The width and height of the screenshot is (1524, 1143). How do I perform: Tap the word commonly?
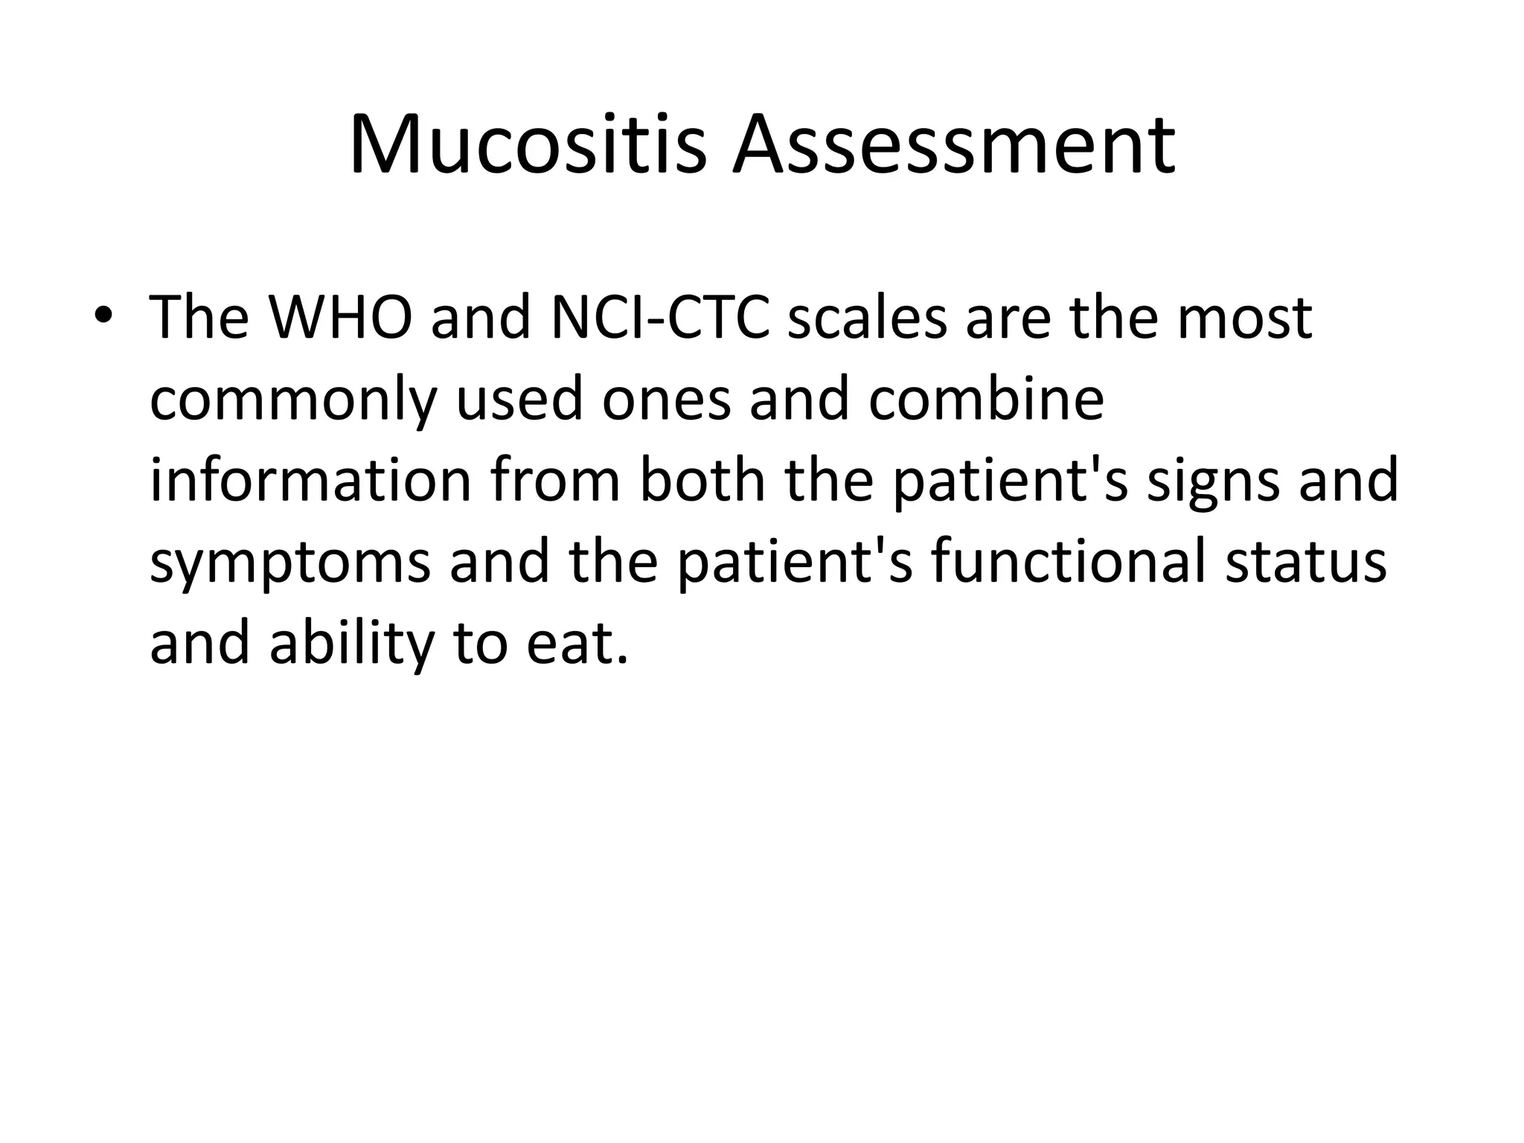tap(292, 401)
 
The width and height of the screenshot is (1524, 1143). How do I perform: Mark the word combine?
tap(985, 400)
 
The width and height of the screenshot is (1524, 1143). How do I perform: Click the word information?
tap(310, 481)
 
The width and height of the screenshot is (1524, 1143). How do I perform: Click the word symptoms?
tap(289, 563)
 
